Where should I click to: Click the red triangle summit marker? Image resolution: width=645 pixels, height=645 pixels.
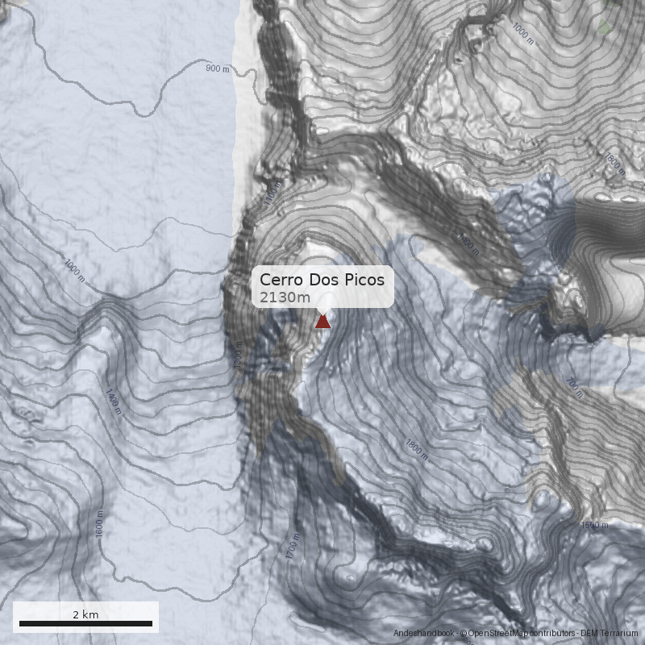pos(322,322)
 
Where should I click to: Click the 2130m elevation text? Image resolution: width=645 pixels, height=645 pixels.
pos(279,298)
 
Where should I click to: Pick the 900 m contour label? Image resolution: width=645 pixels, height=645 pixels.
pos(218,69)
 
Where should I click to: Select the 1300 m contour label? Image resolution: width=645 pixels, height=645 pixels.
pos(237,358)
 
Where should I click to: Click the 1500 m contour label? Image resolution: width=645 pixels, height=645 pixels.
pos(594,525)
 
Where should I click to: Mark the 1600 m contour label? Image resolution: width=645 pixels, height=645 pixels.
pos(99,524)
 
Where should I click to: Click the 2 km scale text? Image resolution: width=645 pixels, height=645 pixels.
pos(85,614)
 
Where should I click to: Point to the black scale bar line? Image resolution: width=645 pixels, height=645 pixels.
pos(85,623)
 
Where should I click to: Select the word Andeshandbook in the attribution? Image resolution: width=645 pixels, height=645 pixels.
pos(424,634)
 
